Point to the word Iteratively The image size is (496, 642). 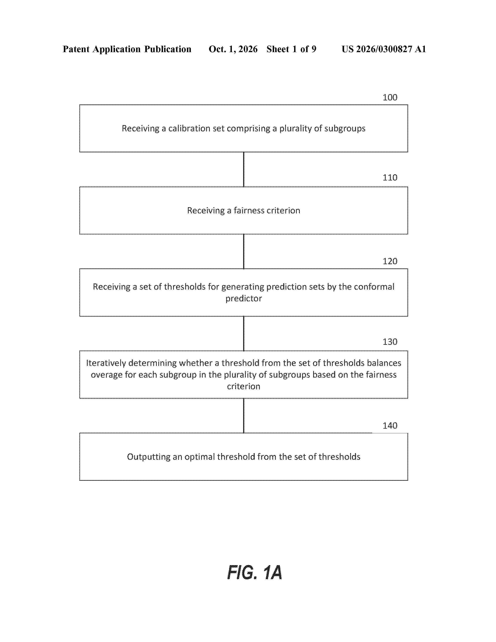pyautogui.click(x=106, y=363)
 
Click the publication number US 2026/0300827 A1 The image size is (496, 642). pyautogui.click(x=384, y=49)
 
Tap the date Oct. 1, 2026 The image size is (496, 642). pyautogui.click(x=233, y=49)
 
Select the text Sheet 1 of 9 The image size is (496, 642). pyautogui.click(x=291, y=49)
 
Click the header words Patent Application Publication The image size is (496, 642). pyautogui.click(x=127, y=49)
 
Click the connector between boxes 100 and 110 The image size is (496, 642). pyautogui.click(x=244, y=169)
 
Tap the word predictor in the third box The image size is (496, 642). pyautogui.click(x=244, y=298)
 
